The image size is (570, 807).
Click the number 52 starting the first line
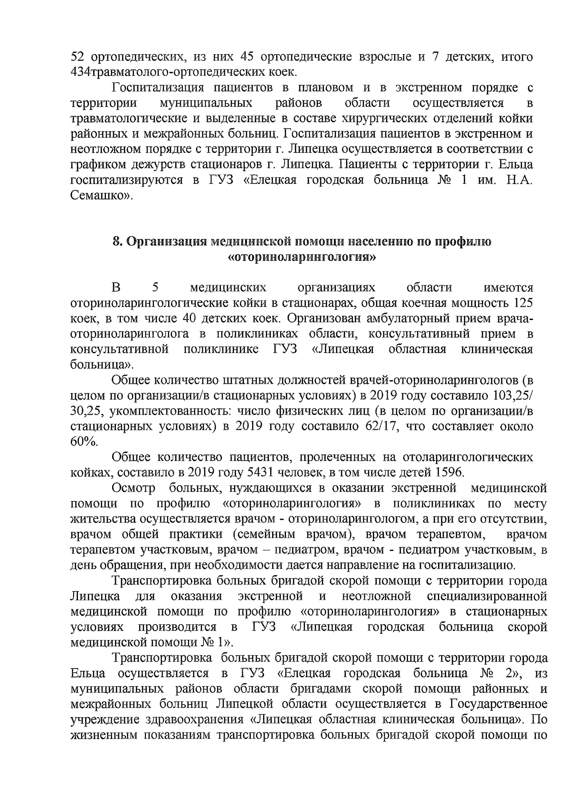(x=77, y=58)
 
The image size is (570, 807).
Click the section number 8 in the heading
(x=115, y=242)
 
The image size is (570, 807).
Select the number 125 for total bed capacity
(x=521, y=303)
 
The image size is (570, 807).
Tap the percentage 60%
(x=84, y=442)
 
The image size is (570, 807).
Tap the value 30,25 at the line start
(x=87, y=411)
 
